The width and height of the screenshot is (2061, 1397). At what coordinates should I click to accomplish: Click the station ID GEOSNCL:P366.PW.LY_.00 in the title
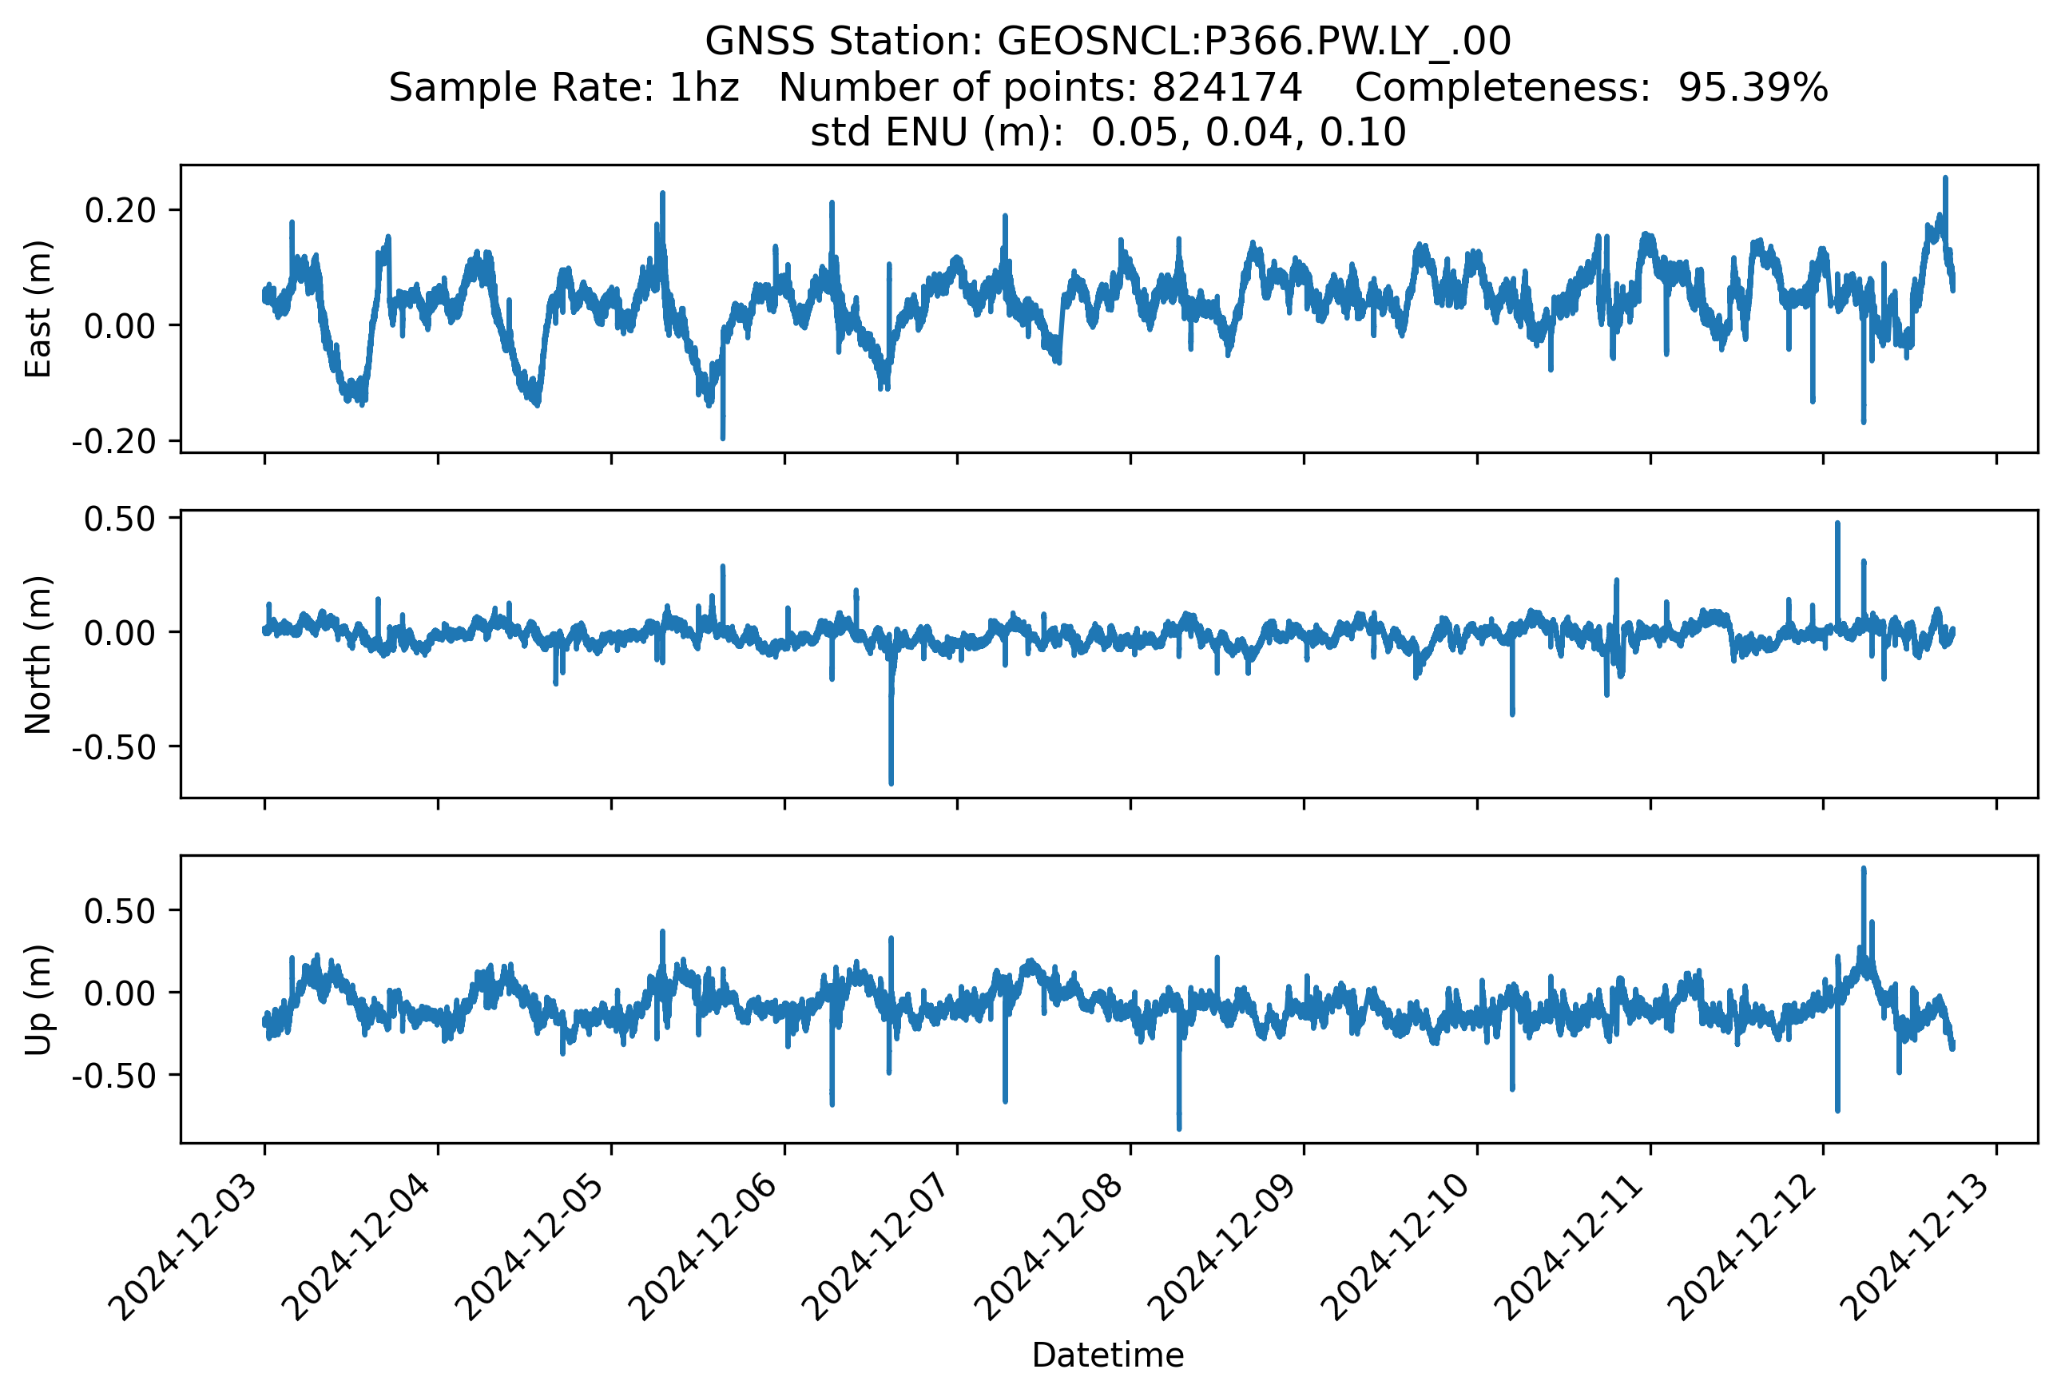point(1254,42)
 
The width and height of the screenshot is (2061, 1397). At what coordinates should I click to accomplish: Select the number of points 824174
point(1226,88)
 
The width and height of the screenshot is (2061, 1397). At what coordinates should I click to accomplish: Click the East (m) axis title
point(38,308)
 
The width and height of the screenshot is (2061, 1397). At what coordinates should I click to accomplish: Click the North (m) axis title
point(38,655)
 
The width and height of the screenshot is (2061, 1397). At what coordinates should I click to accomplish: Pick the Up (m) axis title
point(38,1000)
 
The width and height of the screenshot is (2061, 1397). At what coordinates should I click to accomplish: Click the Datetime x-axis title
point(1108,1355)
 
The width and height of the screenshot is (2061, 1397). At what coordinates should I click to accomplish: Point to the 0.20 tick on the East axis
point(120,211)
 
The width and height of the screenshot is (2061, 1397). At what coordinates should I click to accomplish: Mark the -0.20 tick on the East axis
point(113,442)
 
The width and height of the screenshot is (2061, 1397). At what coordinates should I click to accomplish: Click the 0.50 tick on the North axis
point(120,519)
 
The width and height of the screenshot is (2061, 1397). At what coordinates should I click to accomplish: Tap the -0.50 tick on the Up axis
point(113,1076)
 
